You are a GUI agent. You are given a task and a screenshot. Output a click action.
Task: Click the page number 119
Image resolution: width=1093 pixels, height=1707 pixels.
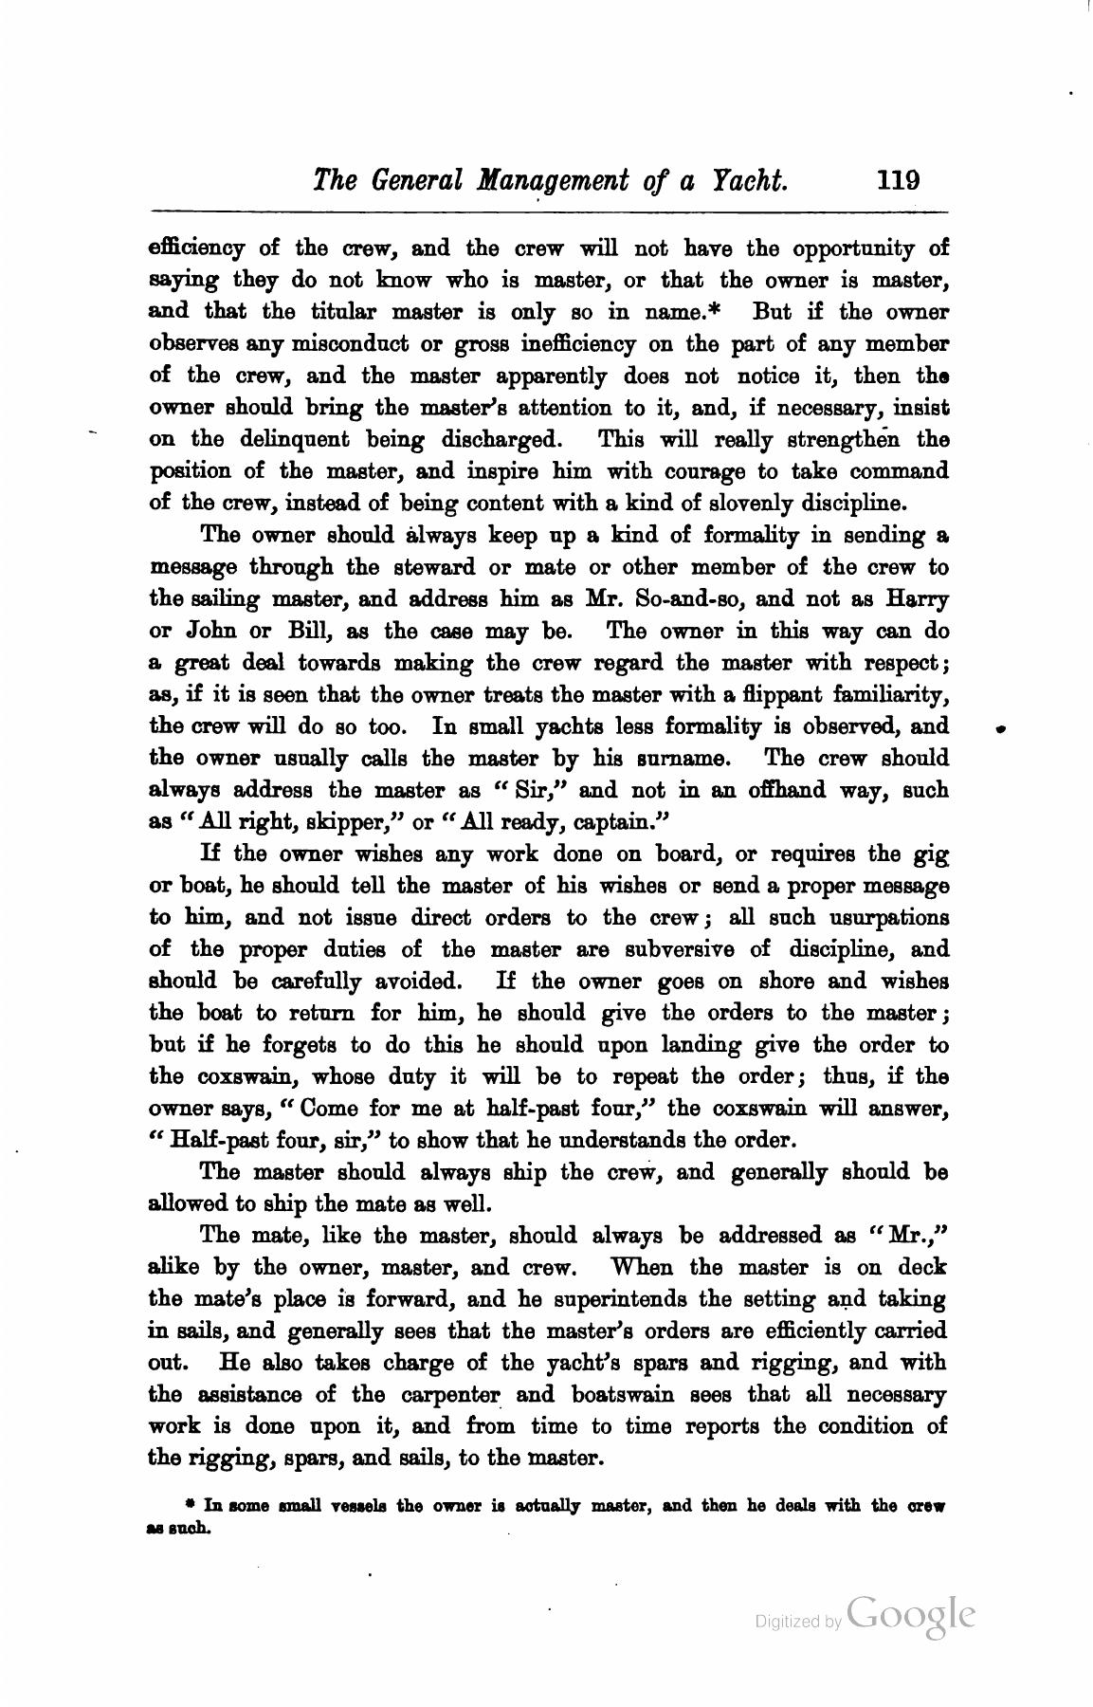tap(899, 180)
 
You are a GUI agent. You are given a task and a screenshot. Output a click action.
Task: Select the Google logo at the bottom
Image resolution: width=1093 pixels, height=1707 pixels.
tap(911, 1614)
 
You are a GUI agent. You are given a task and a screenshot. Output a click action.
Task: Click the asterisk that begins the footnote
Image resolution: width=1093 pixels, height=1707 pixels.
tap(190, 1504)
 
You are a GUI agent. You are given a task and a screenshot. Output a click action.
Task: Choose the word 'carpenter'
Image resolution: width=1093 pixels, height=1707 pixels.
tap(464, 1395)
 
